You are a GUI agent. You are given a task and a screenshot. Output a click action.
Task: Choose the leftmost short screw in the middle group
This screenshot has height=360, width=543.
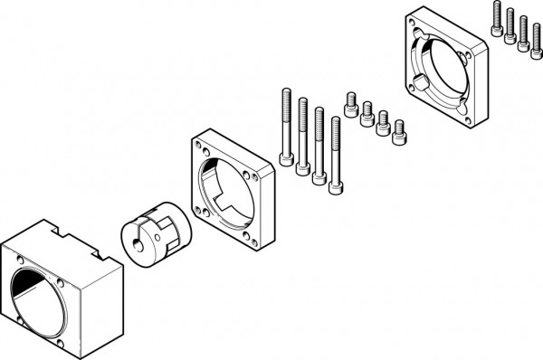coord(351,99)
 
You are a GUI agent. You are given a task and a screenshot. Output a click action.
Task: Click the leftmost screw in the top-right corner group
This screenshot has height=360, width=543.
coord(497,19)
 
